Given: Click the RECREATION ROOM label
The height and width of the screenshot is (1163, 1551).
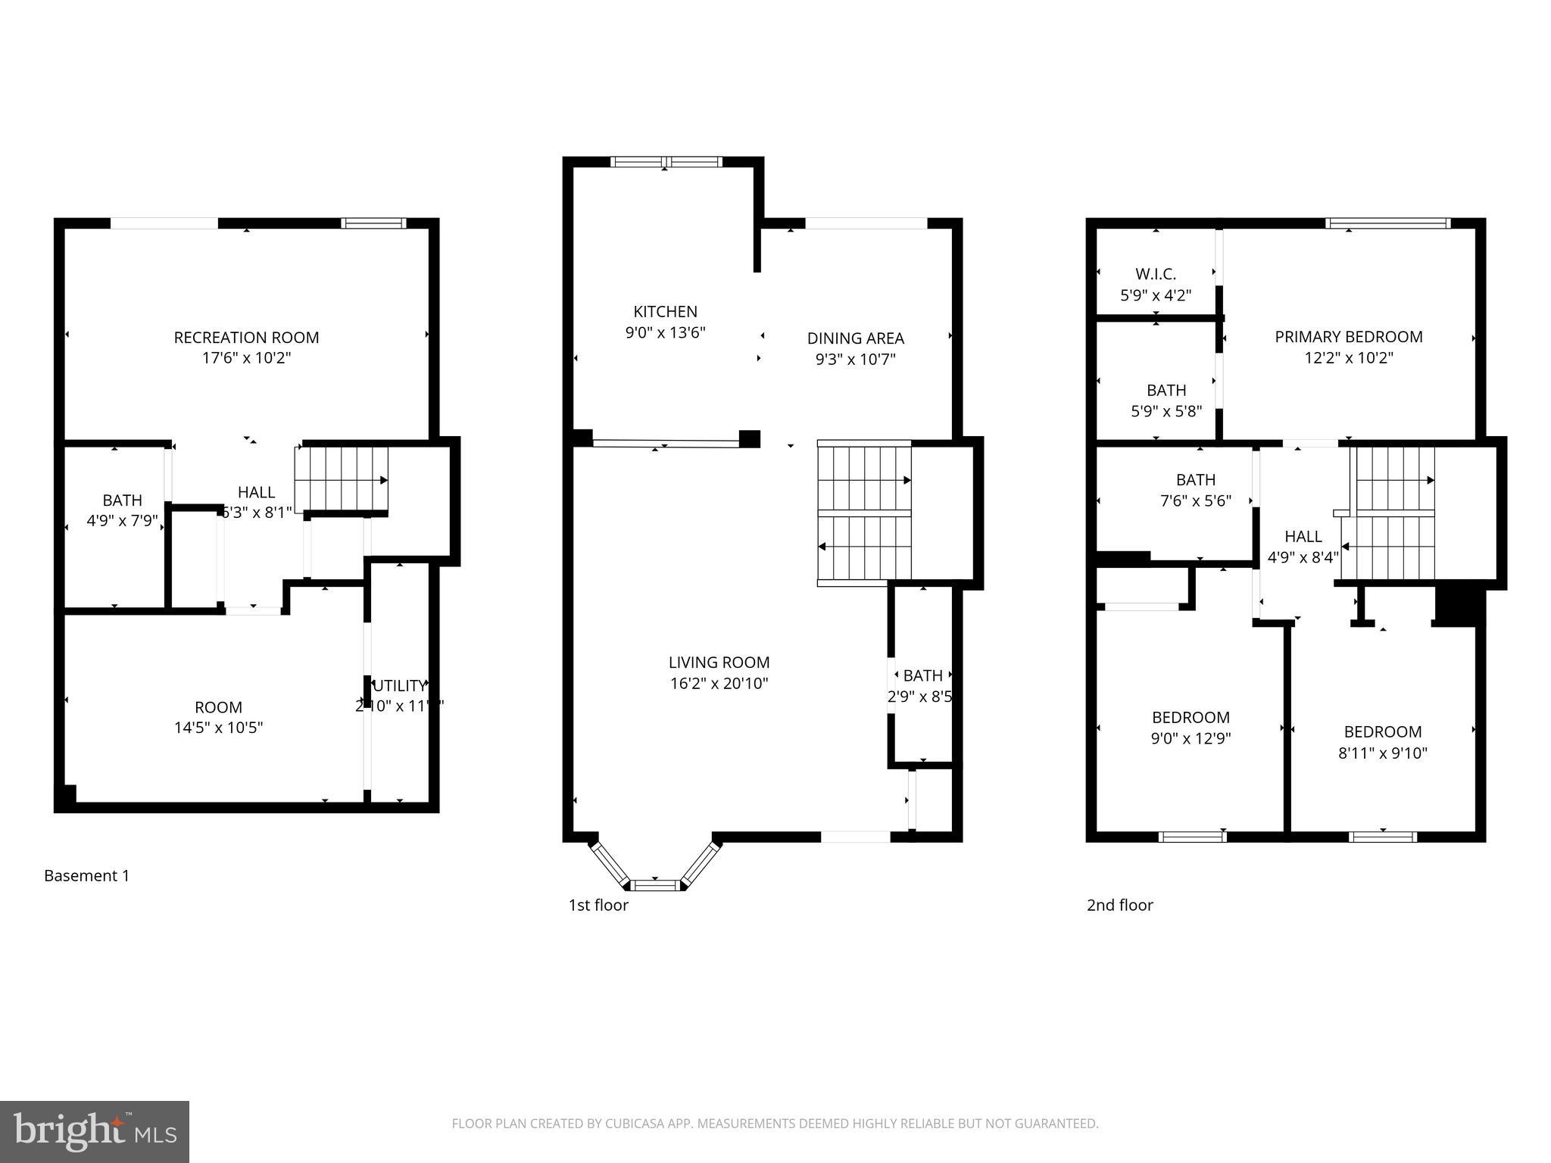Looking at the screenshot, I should pos(246,338).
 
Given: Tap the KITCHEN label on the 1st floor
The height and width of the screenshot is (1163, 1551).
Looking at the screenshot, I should pos(665,311).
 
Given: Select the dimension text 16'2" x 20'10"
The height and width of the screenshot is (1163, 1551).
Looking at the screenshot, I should pos(719,684).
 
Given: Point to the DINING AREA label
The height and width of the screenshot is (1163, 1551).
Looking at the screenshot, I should pos(855,338).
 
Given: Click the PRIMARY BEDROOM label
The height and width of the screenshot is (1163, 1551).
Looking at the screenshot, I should pos(1348,337).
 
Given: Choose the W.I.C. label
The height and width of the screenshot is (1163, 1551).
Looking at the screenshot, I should pos(1155,274).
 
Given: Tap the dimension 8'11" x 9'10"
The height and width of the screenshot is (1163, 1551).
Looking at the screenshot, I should pos(1382,753).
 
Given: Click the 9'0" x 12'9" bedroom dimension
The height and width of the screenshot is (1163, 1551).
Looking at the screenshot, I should pos(1191,738).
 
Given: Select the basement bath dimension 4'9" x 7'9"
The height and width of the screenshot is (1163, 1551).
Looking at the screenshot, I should pos(122,521).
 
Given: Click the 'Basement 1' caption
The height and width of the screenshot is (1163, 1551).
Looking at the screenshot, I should pos(86,876).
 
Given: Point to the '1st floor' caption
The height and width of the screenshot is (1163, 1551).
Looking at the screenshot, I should pos(598,905).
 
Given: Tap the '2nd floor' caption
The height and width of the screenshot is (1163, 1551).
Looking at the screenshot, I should pos(1119,905).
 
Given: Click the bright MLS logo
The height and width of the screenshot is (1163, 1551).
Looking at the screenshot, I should pos(95,1131).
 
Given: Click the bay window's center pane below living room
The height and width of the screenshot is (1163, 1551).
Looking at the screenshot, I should pos(655,884).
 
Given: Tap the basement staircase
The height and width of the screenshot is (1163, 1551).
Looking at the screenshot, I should pos(342,479).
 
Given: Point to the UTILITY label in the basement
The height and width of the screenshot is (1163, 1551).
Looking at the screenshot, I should pos(399,686).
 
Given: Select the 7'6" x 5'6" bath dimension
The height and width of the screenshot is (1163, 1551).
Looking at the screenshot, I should pos(1195,500).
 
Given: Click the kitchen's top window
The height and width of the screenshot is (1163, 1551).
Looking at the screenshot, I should pos(666,161).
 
